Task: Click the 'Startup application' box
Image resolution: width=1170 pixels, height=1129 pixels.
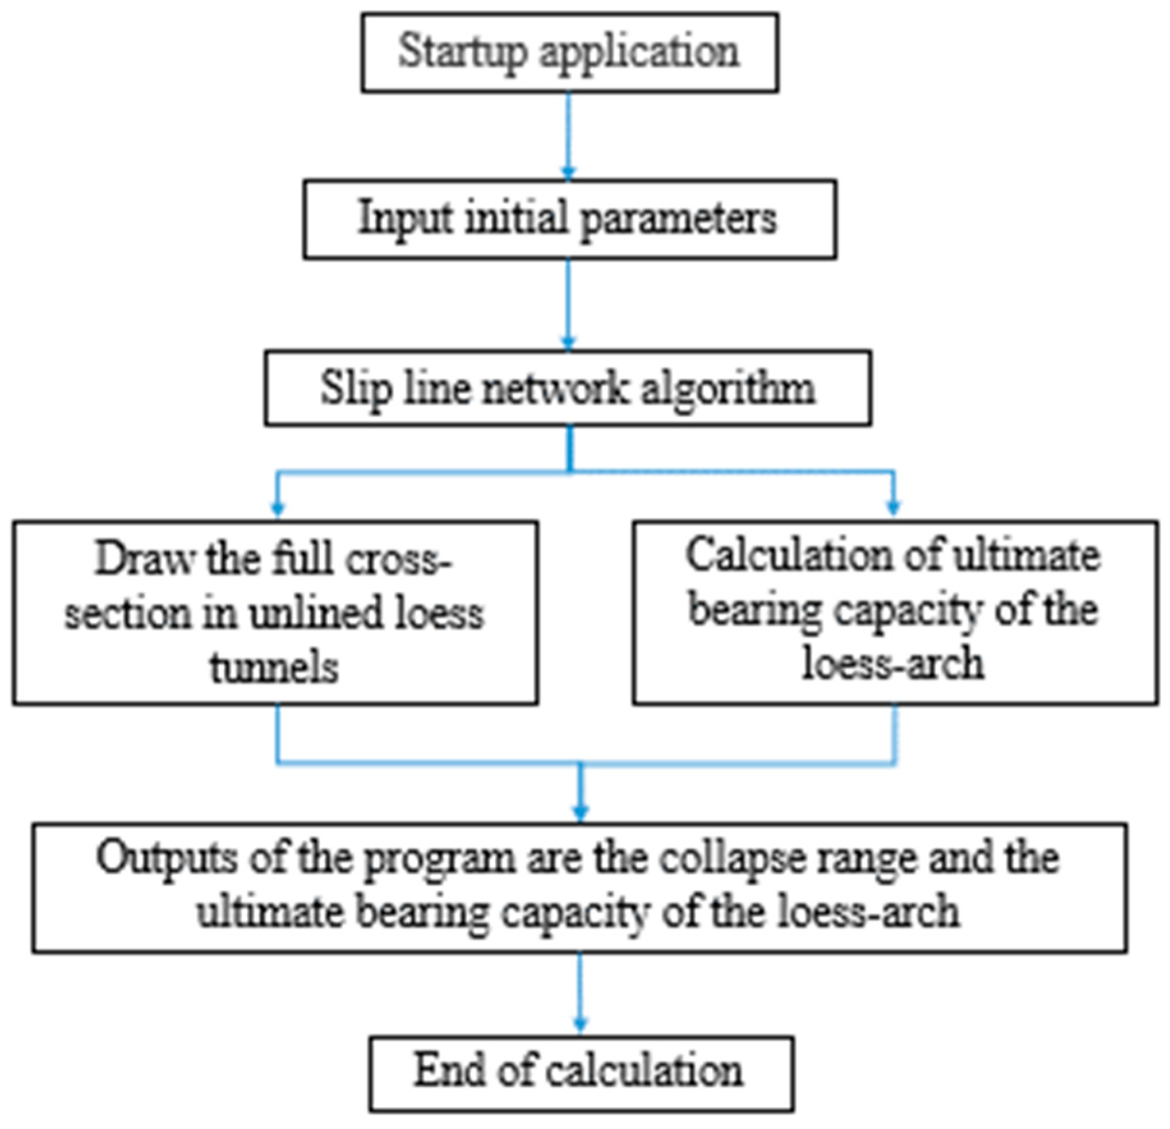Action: pyautogui.click(x=569, y=53)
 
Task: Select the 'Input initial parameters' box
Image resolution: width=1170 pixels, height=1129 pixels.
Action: pyautogui.click(x=569, y=219)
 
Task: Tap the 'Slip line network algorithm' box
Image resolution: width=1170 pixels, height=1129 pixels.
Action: pyautogui.click(x=568, y=388)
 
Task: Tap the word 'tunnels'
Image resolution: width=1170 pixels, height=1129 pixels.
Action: pyautogui.click(x=274, y=668)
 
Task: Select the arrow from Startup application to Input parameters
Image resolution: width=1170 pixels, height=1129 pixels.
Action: pyautogui.click(x=568, y=134)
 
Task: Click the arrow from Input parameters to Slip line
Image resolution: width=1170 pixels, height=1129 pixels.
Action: pyautogui.click(x=568, y=303)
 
